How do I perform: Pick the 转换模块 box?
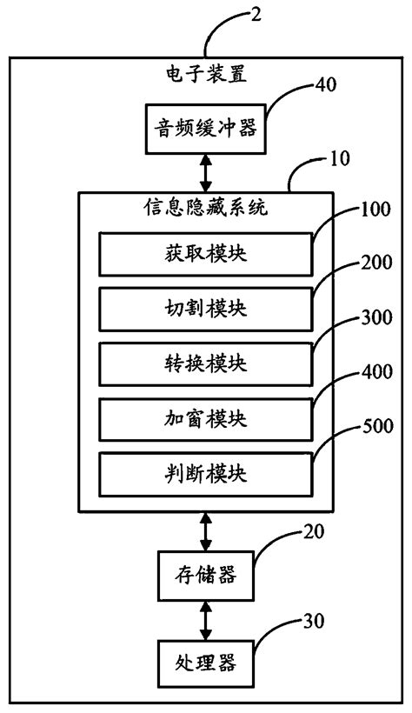206,363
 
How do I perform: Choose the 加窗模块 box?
206,418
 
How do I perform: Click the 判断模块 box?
206,474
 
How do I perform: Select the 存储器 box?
206,574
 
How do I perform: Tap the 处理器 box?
206,665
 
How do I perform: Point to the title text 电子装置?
206,74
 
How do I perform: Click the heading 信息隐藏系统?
206,209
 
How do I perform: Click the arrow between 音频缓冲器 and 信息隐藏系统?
206,173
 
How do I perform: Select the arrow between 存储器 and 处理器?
206,619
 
